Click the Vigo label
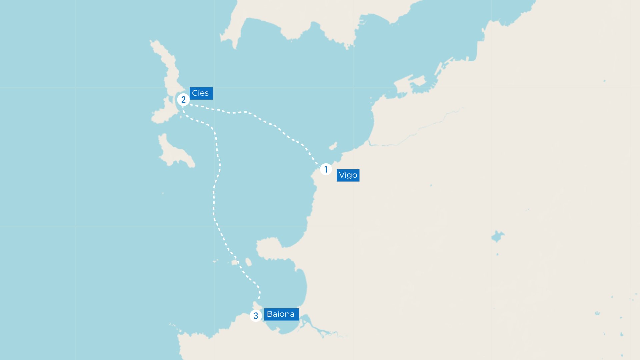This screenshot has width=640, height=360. pyautogui.click(x=348, y=175)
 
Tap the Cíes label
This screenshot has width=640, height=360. pyautogui.click(x=201, y=93)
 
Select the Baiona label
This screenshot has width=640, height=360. pyautogui.click(x=281, y=314)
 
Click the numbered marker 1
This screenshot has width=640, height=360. pyautogui.click(x=326, y=169)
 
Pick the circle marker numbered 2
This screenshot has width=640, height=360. pyautogui.click(x=183, y=100)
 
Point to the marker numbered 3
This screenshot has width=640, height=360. pyautogui.click(x=256, y=316)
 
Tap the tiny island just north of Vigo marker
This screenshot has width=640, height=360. pyautogui.click(x=333, y=146)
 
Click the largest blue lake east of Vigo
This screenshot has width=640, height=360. pyautogui.click(x=497, y=236)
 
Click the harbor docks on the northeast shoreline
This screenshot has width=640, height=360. pyautogui.click(x=417, y=83)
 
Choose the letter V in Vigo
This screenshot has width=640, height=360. pyautogui.click(x=342, y=175)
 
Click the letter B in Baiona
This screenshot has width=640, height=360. pyautogui.click(x=270, y=314)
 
